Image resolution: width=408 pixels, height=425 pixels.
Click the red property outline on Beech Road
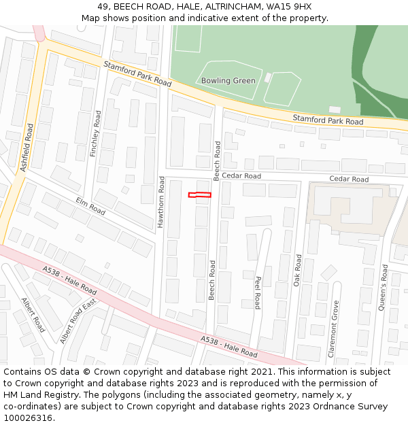pyautogui.click(x=199, y=195)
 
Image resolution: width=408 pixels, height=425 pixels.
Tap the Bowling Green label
pyautogui.click(x=228, y=80)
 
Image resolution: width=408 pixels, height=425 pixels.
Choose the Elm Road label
pyautogui.click(x=90, y=207)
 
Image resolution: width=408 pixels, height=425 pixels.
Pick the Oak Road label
pyautogui.click(x=297, y=270)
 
